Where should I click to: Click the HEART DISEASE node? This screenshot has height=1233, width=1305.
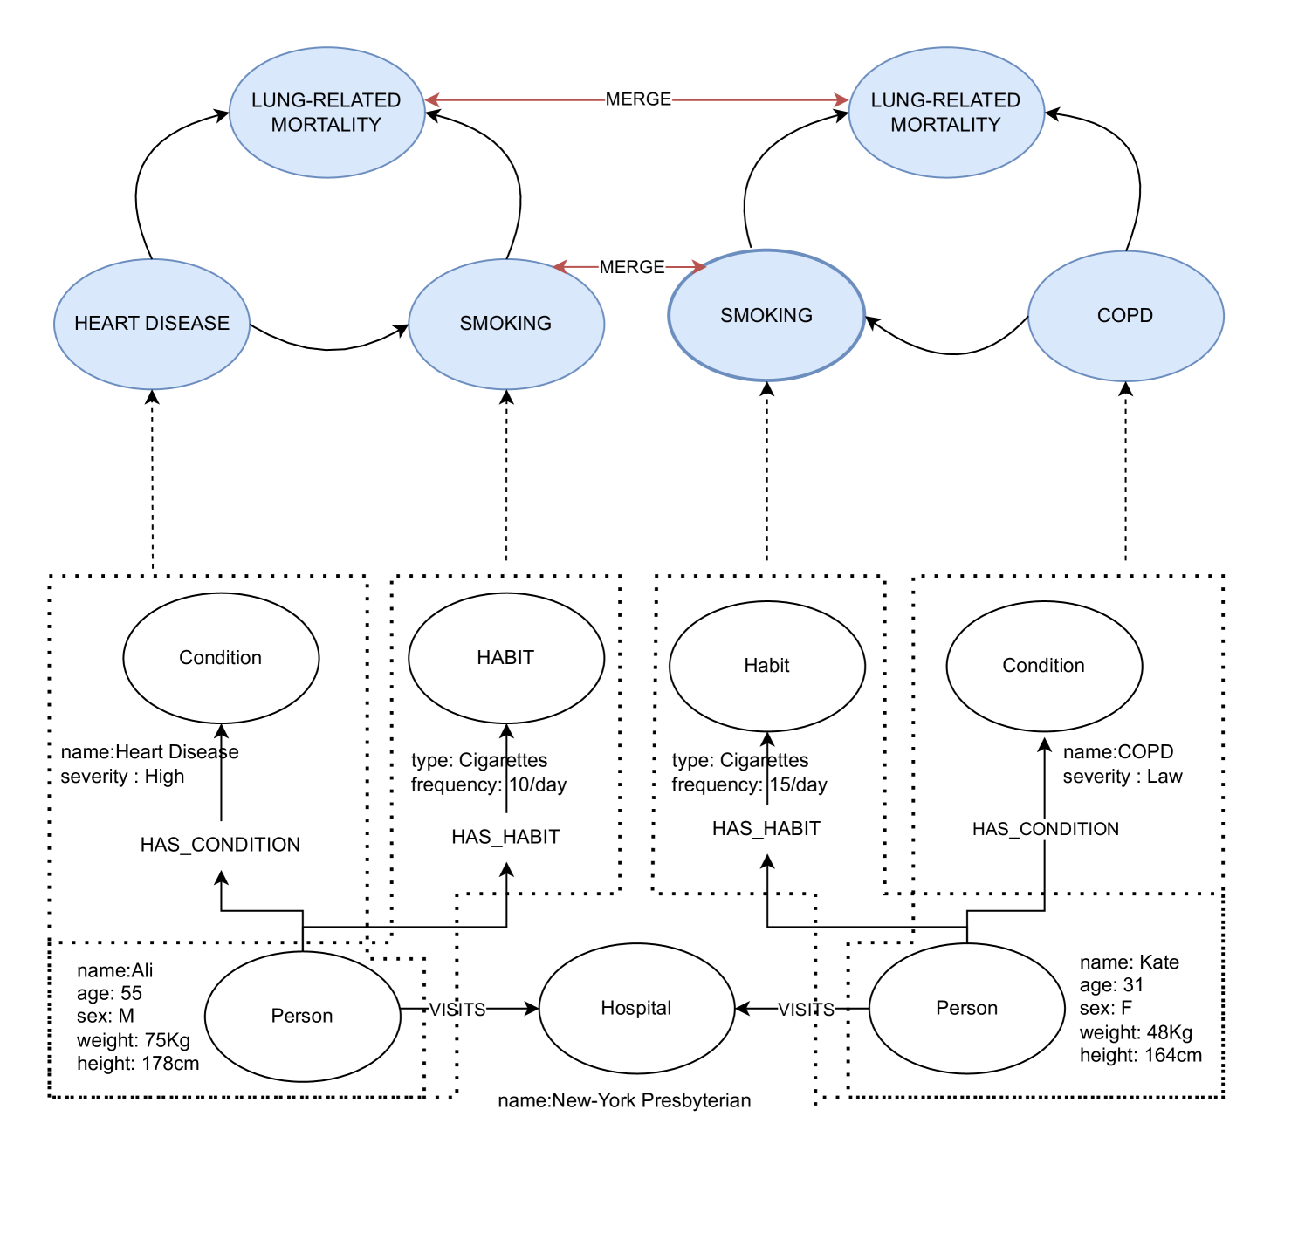coord(152,324)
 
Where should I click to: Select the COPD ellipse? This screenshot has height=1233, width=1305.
coord(1125,316)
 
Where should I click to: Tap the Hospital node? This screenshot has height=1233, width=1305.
coord(636,1008)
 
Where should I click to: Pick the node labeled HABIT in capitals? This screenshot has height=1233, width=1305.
coord(505,658)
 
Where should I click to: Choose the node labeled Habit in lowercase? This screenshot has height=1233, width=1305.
coord(766,666)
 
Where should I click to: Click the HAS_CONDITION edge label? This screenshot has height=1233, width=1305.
coord(1046,829)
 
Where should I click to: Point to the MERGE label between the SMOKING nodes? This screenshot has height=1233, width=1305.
coord(632,267)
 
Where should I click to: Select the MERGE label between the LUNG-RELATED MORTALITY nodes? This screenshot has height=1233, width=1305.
coord(638,99)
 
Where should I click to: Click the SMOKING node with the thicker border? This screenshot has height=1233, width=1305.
coord(766,315)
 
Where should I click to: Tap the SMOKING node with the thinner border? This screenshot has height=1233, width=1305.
coord(505,324)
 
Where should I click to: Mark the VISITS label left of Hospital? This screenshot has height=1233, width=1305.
coord(457,1010)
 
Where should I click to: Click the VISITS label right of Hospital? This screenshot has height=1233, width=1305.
coord(806,1010)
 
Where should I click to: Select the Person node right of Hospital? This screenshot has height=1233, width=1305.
coord(966,1008)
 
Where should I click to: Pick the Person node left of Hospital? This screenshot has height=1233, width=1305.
coord(302,1016)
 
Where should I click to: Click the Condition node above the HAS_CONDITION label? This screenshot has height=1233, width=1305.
coord(1043,666)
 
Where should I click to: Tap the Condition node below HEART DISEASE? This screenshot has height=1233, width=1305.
coord(220,658)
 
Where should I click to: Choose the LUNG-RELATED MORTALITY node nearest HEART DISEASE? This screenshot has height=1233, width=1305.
coord(326,113)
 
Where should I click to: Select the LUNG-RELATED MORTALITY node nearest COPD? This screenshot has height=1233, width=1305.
coord(945,113)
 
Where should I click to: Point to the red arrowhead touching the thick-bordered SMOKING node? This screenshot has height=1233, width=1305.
coord(699,266)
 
